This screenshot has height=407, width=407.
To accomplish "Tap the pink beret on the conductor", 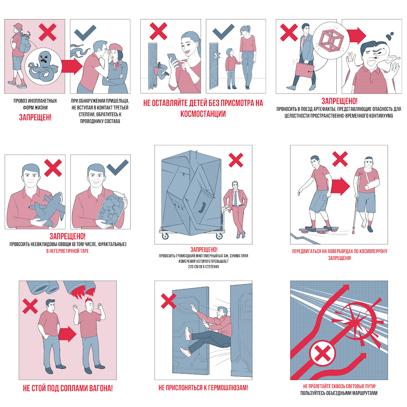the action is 115,48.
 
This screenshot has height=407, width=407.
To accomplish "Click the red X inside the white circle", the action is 323,353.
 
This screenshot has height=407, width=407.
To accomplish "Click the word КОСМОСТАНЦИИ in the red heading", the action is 203,114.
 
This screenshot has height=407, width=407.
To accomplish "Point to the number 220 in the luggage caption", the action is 191,267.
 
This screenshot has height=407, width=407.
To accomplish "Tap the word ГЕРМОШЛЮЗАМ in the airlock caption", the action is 226,388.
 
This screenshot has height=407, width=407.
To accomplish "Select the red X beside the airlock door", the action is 169,301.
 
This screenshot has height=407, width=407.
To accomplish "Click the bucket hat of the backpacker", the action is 18,27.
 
